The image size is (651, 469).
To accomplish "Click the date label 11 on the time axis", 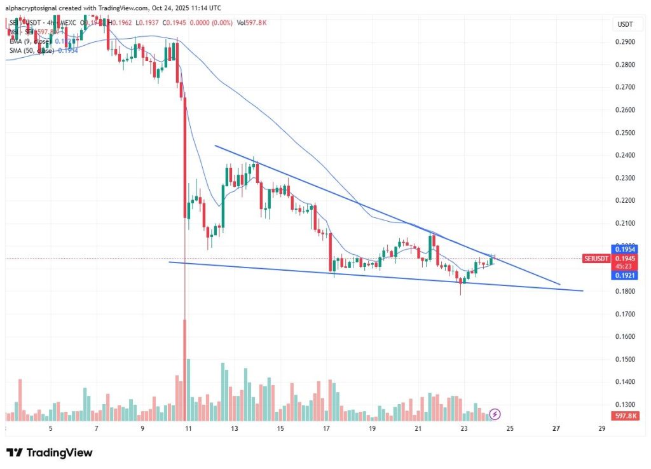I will point(188,429).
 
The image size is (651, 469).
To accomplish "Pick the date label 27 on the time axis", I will point(557,429).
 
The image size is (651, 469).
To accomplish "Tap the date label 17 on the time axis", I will point(326,429).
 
